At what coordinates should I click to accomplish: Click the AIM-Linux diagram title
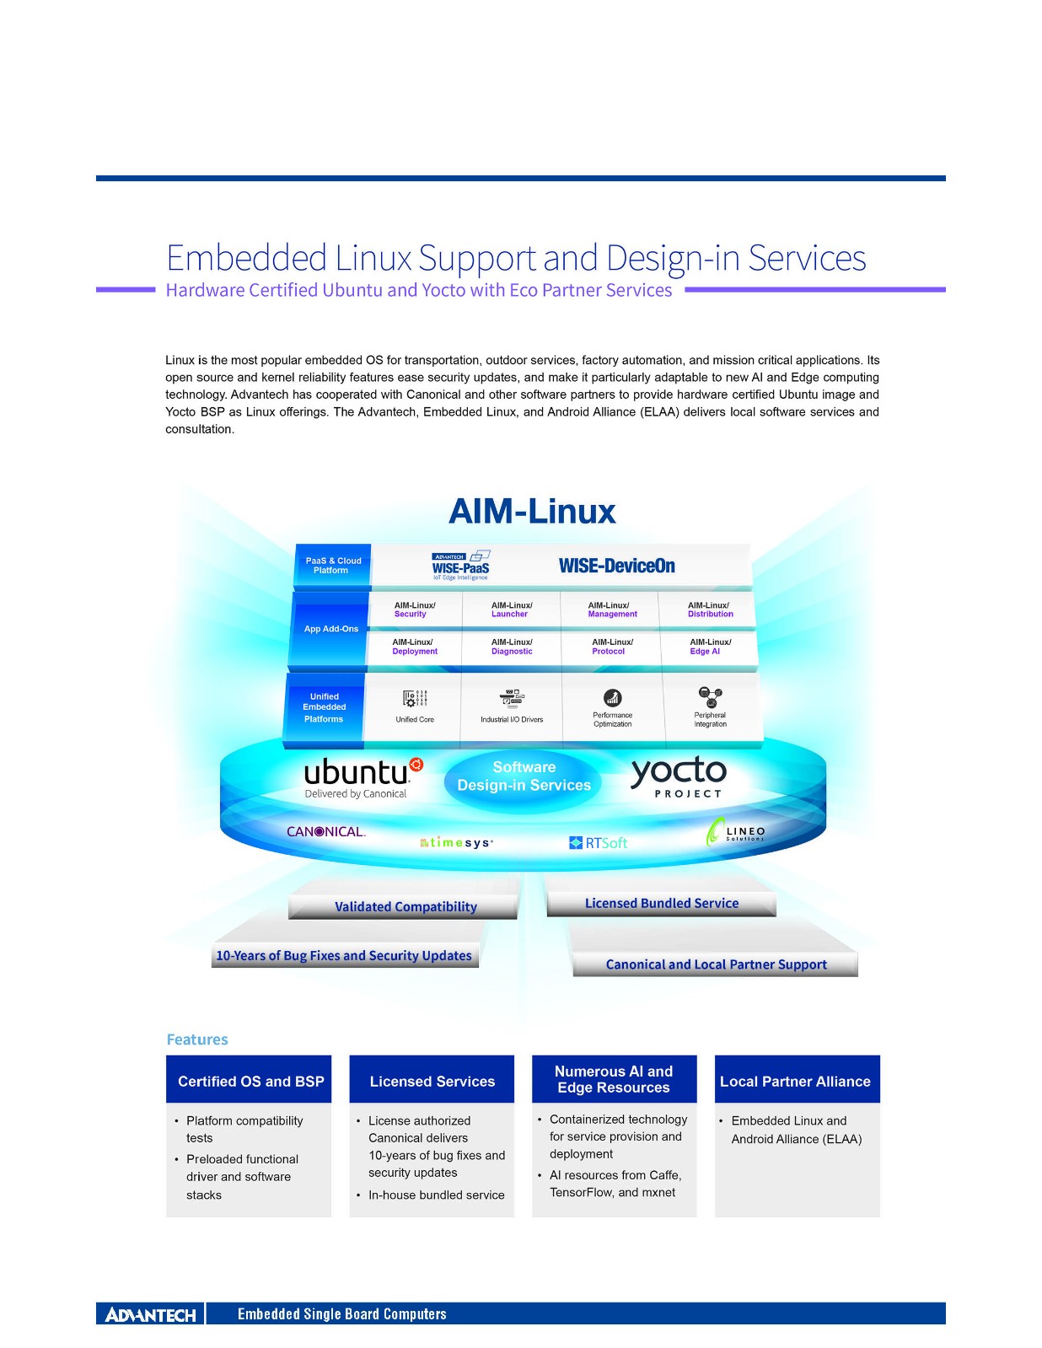(532, 512)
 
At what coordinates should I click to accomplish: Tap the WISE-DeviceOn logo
(616, 566)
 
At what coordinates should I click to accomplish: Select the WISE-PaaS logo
(460, 566)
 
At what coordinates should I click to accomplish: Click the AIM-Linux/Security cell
(415, 610)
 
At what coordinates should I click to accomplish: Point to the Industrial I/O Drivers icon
(512, 699)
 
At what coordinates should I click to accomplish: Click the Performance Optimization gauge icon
(612, 697)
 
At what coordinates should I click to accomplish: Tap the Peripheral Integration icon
(710, 696)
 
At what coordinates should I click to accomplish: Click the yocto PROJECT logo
(679, 776)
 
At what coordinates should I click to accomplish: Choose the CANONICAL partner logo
(325, 831)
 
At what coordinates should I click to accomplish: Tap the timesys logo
(456, 842)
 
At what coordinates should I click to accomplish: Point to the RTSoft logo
(599, 842)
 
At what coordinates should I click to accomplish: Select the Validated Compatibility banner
(405, 906)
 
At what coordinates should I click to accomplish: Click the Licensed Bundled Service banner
(661, 903)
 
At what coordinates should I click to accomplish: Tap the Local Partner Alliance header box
(796, 1080)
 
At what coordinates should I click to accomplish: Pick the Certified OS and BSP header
(250, 1080)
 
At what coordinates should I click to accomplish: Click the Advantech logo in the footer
(150, 1314)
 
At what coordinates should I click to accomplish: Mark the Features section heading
(197, 1039)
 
